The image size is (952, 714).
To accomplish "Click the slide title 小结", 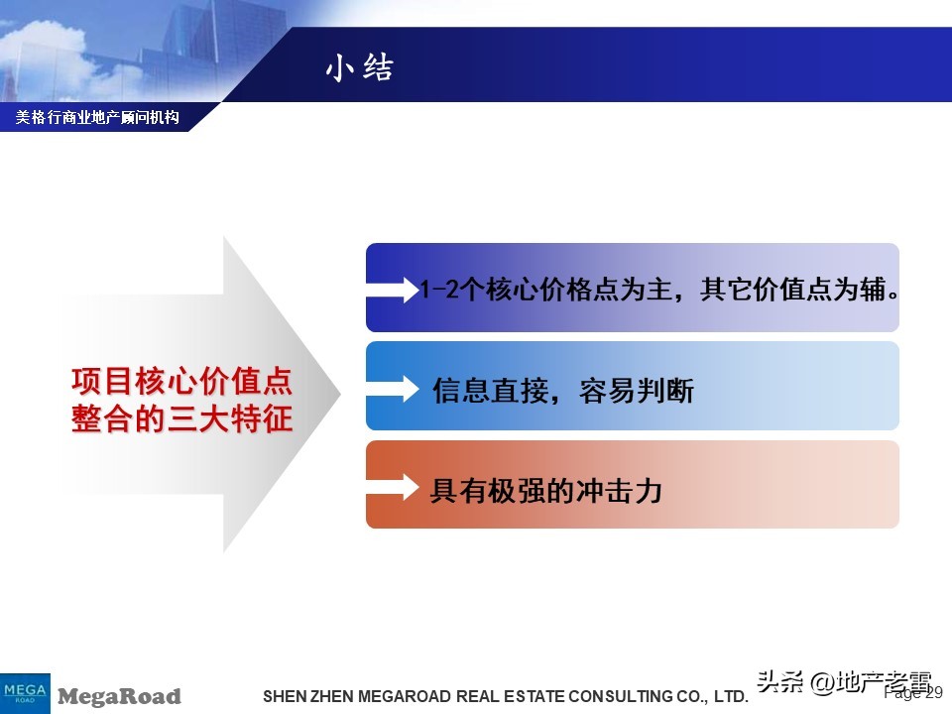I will pyautogui.click(x=359, y=67).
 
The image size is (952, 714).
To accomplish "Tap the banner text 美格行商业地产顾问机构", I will pyautogui.click(x=97, y=118).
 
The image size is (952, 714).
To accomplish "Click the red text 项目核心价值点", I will pyautogui.click(x=181, y=382).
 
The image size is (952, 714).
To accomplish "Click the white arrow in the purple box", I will pyautogui.click(x=394, y=290).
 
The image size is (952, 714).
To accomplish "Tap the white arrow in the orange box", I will pyautogui.click(x=394, y=488).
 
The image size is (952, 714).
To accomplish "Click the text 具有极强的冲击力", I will pyautogui.click(x=545, y=491).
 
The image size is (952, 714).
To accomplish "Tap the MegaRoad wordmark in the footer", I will pyautogui.click(x=119, y=696).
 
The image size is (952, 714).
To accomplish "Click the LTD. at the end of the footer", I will pyautogui.click(x=730, y=697).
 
